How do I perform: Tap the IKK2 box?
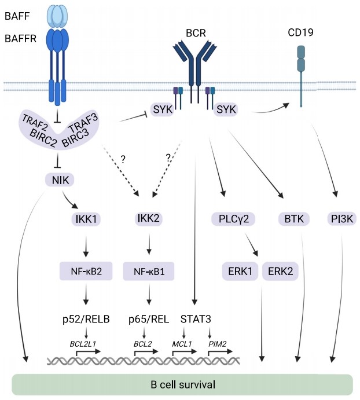[149, 218]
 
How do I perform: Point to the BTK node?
[290, 218]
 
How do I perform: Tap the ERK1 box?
[240, 270]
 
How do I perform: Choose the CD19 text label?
[300, 33]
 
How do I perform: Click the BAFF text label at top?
[18, 16]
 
